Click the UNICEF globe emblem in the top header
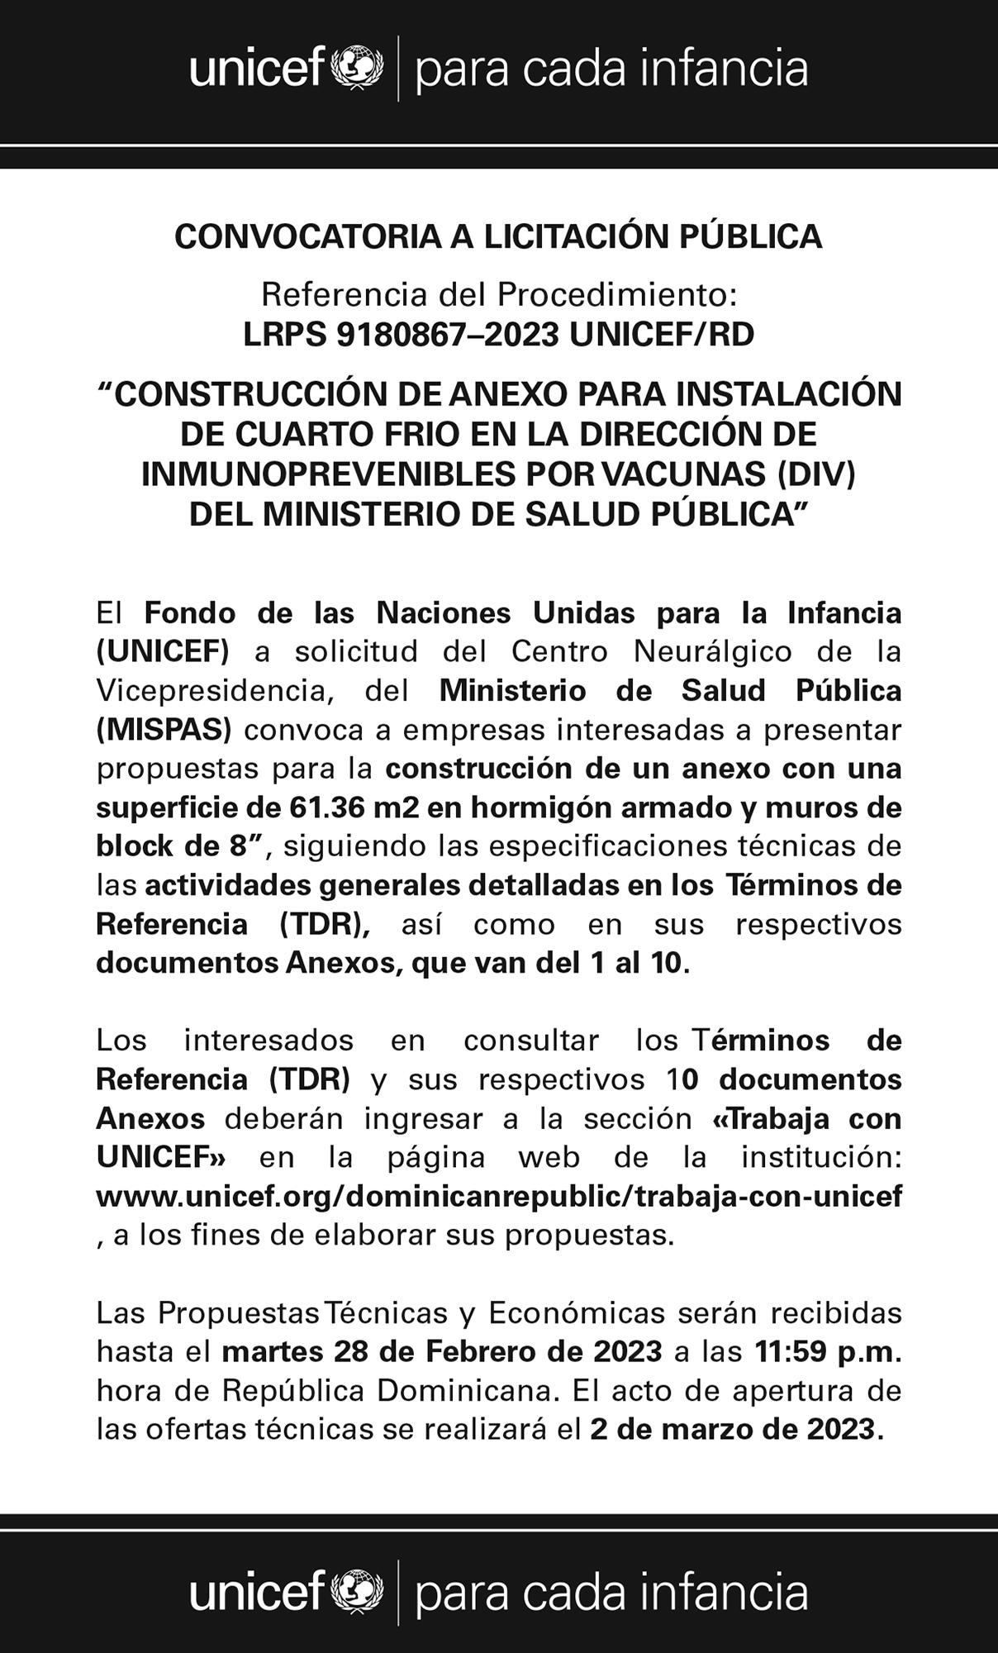(x=357, y=68)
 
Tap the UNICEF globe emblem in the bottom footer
(x=357, y=1592)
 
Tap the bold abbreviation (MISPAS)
(x=164, y=730)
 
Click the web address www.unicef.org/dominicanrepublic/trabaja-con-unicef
(x=499, y=1196)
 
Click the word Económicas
(x=577, y=1312)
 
